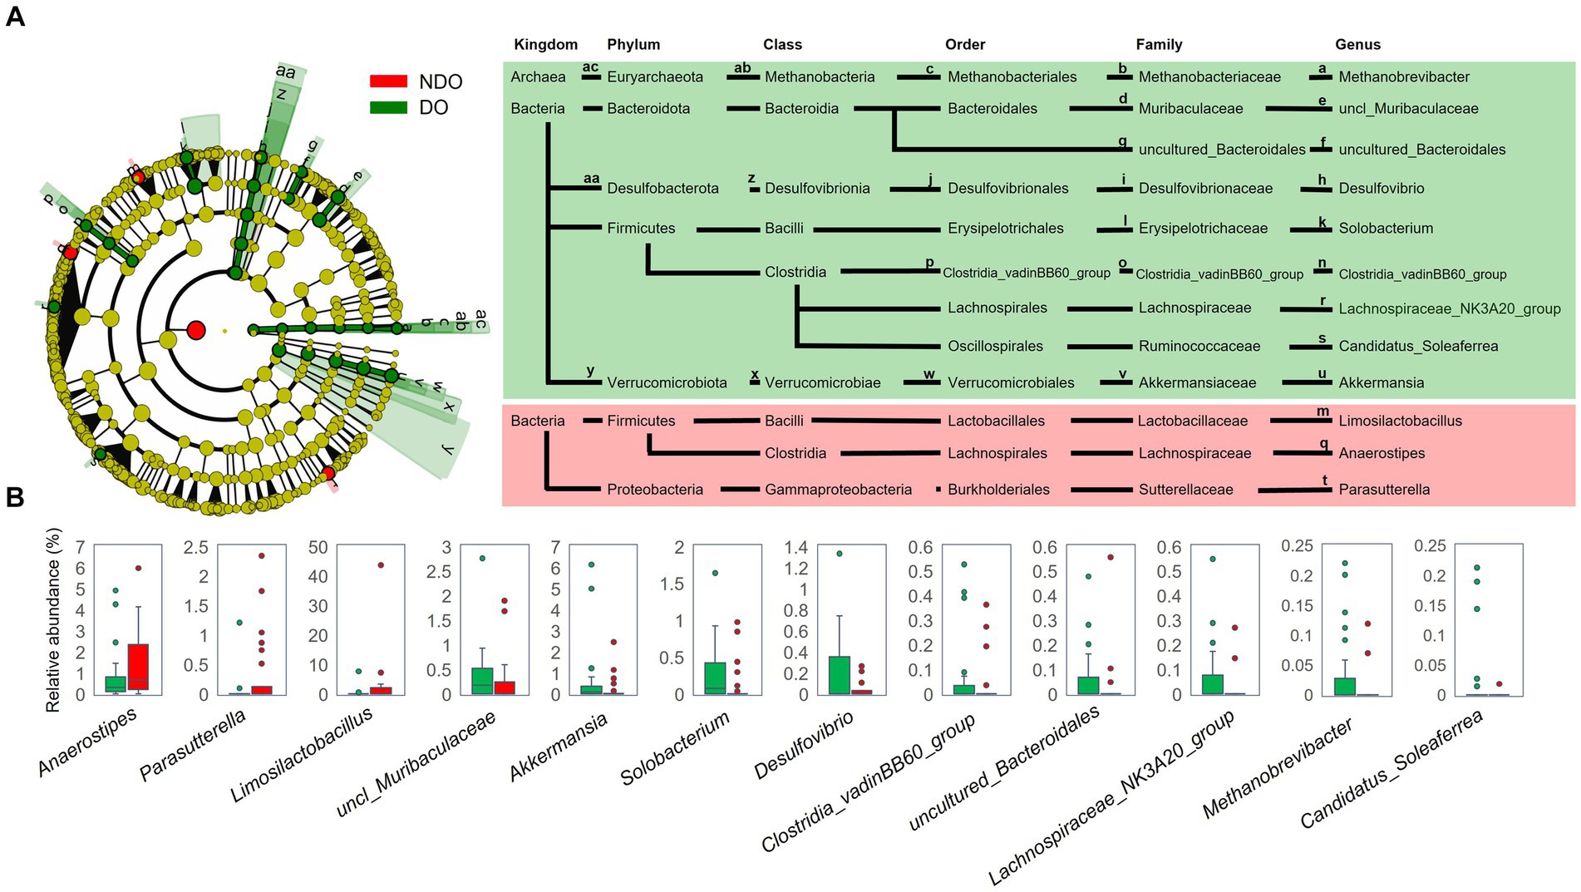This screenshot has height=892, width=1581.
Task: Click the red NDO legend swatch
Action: (x=388, y=81)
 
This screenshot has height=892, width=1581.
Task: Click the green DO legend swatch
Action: (x=388, y=107)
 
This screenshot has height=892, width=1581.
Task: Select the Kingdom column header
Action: (x=545, y=45)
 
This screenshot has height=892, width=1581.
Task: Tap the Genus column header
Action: (x=1357, y=45)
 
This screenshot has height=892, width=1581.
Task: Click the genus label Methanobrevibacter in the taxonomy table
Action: (x=1404, y=77)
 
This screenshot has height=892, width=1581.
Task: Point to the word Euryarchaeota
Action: (x=655, y=77)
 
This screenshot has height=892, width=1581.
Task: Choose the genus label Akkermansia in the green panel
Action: (x=1381, y=383)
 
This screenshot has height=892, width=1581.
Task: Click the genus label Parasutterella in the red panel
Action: (x=1384, y=490)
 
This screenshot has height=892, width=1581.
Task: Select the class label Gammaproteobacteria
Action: (x=838, y=490)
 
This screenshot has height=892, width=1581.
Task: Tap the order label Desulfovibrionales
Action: (x=1008, y=189)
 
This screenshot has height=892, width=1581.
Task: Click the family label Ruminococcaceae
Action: (x=1199, y=347)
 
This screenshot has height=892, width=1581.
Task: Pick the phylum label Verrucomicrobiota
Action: (x=667, y=383)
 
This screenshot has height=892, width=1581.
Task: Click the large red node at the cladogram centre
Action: (x=196, y=330)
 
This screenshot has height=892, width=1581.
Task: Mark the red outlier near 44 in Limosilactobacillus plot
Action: (x=381, y=564)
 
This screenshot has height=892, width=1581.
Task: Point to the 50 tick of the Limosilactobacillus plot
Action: (x=318, y=548)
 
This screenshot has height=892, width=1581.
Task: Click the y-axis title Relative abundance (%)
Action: (x=54, y=620)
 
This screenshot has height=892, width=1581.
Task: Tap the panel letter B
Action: (x=15, y=497)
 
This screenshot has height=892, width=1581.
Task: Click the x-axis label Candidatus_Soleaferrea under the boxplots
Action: (x=1391, y=770)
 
